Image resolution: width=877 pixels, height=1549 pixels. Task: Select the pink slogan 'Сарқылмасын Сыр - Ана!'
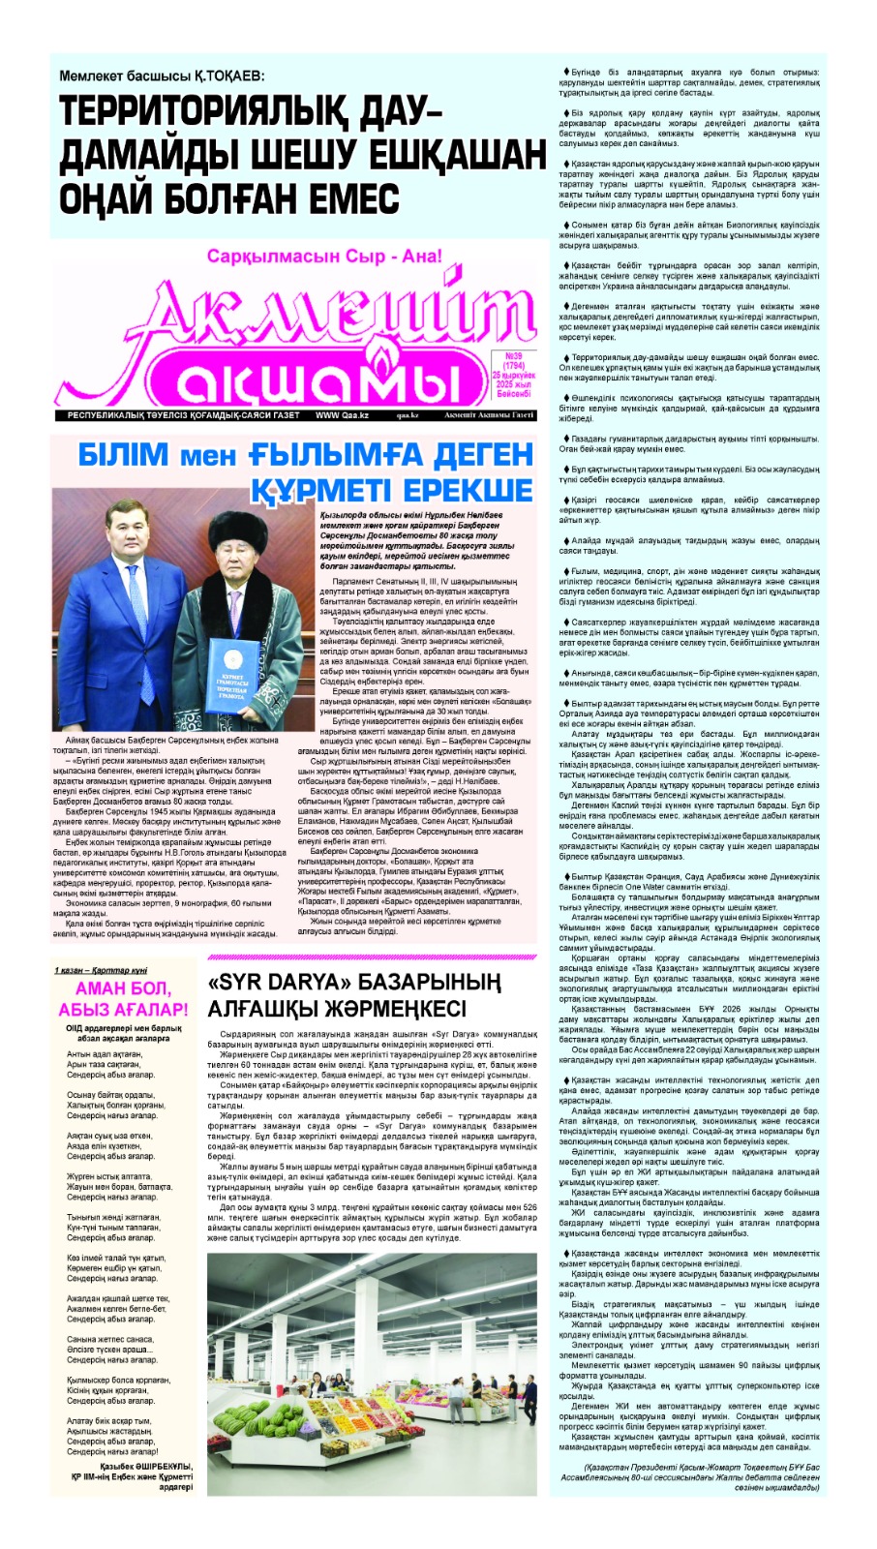coord(323,257)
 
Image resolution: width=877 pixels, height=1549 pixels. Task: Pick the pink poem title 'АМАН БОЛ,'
coord(123,988)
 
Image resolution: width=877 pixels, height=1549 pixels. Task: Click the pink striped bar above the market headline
coord(371,957)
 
